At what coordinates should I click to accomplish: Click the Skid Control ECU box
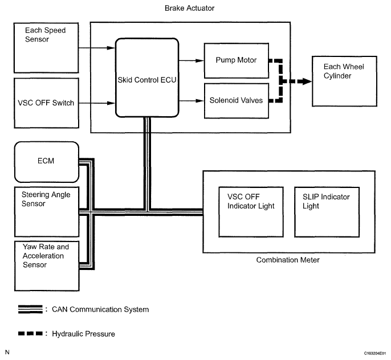coord(147,77)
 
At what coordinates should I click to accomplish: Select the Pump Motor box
coord(237,60)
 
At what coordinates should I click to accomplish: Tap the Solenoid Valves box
coord(237,101)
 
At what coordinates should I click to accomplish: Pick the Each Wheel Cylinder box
coord(344,81)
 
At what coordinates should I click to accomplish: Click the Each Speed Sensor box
coord(46,48)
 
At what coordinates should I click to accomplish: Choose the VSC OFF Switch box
coord(46,103)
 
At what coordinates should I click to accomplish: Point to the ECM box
coord(47,162)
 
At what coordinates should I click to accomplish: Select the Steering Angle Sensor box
coord(47,212)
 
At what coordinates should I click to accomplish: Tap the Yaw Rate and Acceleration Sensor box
coord(47,266)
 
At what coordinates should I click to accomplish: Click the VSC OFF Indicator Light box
coord(251,212)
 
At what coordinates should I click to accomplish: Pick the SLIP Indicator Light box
coord(327,212)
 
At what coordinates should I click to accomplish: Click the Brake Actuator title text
coord(189,8)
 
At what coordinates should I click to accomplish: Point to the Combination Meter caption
coord(288,260)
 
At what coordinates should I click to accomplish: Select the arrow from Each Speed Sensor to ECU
coord(97,48)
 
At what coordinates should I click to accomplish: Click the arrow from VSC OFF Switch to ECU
coord(97,103)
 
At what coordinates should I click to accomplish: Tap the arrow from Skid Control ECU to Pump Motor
coord(192,60)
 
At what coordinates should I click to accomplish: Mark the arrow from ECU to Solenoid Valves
coord(192,101)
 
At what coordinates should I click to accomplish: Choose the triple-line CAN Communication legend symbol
coord(30,309)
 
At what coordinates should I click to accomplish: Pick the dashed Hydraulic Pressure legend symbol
coord(30,333)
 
